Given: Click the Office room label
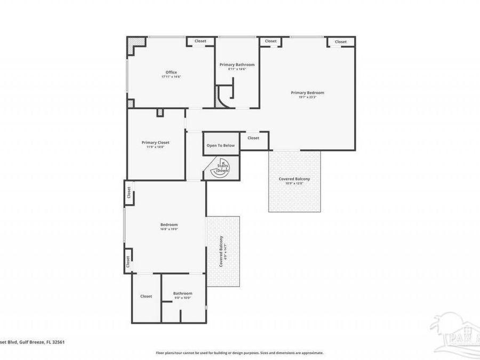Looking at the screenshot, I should pos(171,73).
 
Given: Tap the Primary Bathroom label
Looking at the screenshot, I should pos(237,65).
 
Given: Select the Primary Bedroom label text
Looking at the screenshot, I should pos(307,93).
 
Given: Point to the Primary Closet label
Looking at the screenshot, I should pos(156,142).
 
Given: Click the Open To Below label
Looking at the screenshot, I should pos(221,146).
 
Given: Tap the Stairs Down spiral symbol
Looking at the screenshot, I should pos(222,167).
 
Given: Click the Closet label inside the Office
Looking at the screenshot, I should pos(201,41).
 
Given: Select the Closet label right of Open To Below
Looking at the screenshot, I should pos(253,138).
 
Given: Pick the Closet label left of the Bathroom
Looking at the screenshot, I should pos(146,296).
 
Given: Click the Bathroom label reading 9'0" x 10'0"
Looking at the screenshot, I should pos(182,293).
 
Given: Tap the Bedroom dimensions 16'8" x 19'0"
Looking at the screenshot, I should pos(169,229).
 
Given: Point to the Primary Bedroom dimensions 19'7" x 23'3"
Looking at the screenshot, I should pos(307,98).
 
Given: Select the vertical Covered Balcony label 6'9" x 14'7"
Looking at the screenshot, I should pos(222,251).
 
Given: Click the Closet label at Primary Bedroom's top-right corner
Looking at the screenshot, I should pos(341,42).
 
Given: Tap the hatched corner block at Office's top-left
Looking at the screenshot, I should pos(138,42).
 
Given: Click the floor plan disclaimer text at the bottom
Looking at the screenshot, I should pos(239,353).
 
